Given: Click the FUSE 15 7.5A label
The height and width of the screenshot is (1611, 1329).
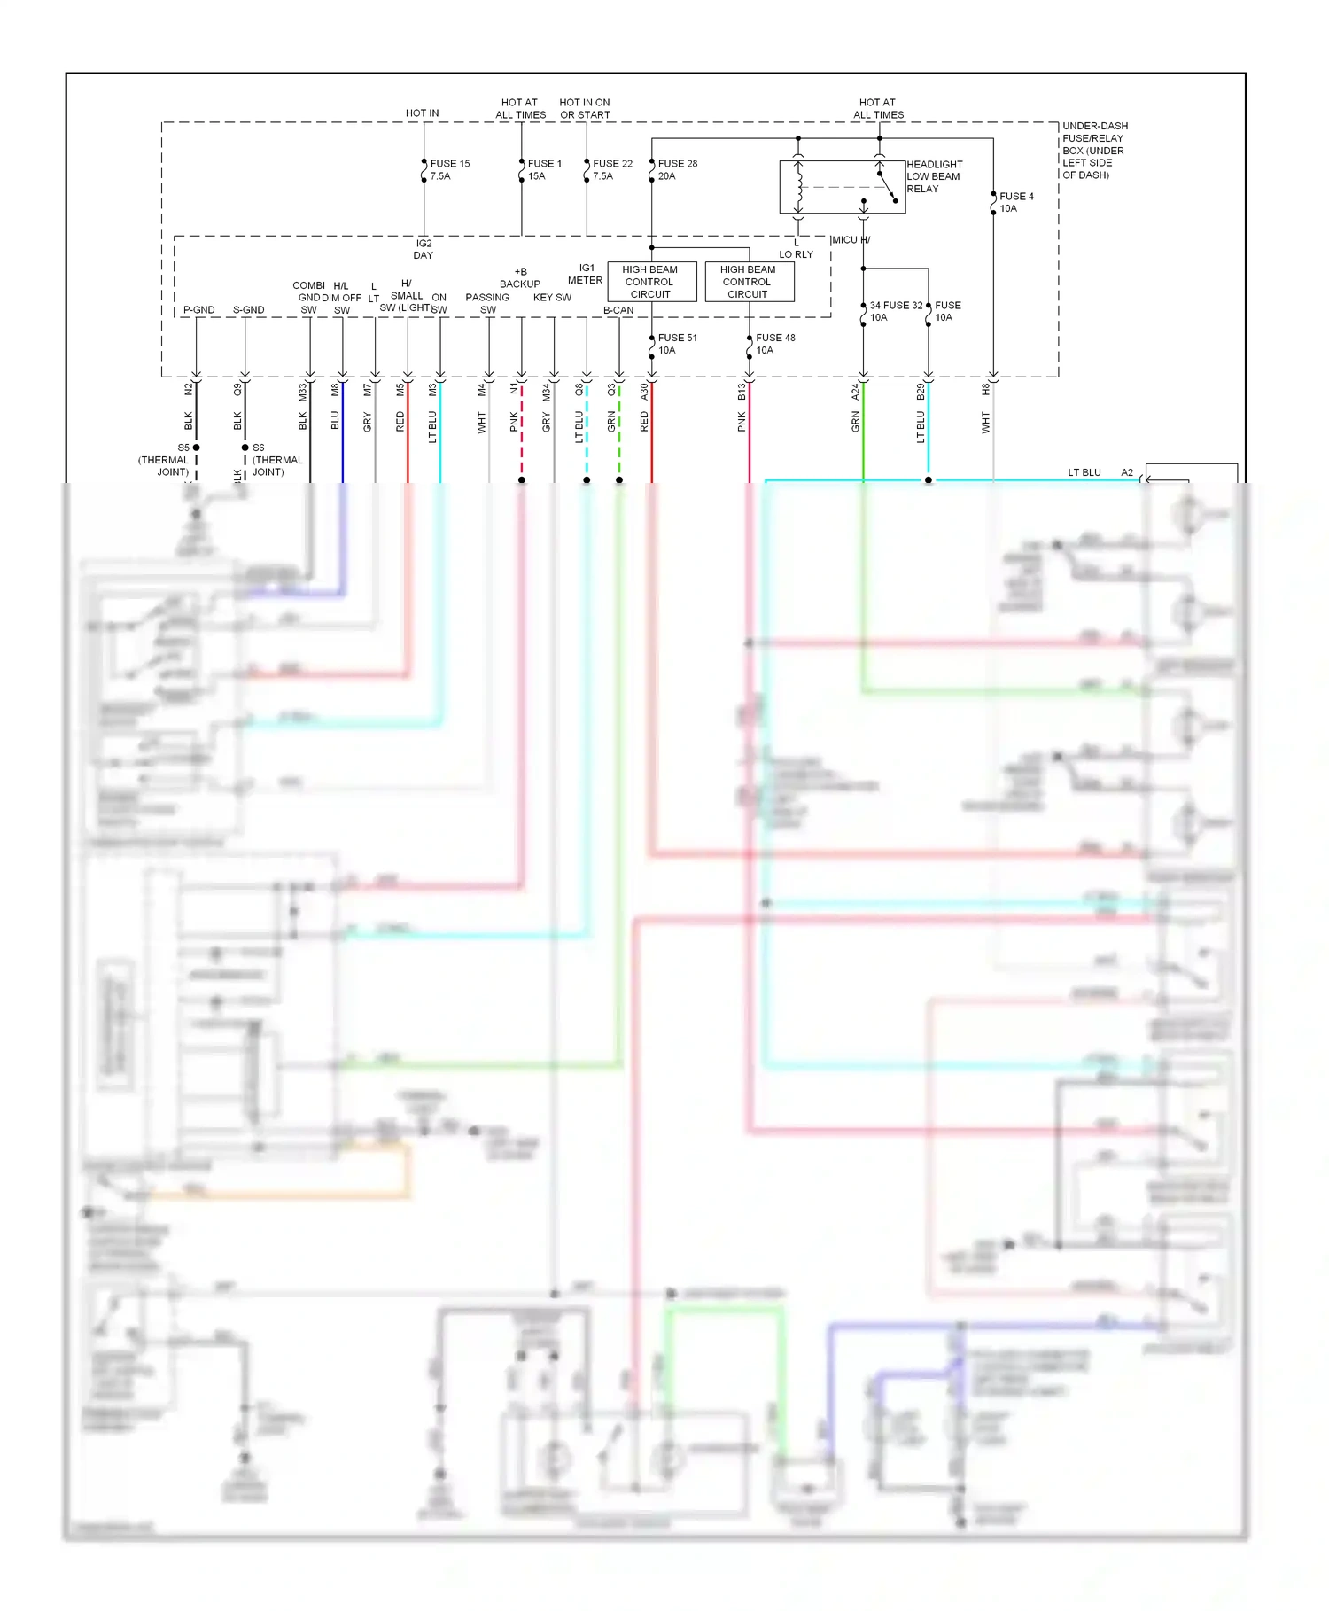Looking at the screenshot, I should point(449,169).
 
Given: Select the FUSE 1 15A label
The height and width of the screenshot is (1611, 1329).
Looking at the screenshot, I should point(543,169).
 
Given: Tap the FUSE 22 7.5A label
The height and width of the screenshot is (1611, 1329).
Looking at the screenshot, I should point(611,169).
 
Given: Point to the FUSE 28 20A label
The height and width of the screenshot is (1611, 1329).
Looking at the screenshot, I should point(677,169).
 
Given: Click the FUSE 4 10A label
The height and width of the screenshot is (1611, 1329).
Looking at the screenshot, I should point(1015,202).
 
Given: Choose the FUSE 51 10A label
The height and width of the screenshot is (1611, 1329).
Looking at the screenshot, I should point(677,344).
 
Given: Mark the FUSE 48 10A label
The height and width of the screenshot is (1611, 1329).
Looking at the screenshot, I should point(774,344).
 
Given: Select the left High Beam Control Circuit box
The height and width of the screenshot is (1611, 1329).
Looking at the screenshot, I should point(651,282).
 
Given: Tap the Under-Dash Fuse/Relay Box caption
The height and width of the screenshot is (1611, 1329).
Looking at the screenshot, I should point(1094,151).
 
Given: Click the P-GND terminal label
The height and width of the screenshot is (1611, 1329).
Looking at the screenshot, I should point(198,310).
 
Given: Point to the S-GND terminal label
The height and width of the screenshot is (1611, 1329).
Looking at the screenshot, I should point(248,310).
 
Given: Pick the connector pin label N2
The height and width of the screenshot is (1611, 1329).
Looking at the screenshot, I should point(188,389).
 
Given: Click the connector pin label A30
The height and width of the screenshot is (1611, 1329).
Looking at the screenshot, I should point(644,390).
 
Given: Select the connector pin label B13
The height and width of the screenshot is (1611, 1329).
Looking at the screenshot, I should point(742,391).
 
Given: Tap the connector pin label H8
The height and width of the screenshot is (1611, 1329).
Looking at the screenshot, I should point(985,389).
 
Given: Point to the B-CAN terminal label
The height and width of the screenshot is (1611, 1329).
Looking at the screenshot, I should point(618,310).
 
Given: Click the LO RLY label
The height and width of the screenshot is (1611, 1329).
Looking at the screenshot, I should point(796,254).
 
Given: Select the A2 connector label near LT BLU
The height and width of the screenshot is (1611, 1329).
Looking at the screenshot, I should point(1127,472).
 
